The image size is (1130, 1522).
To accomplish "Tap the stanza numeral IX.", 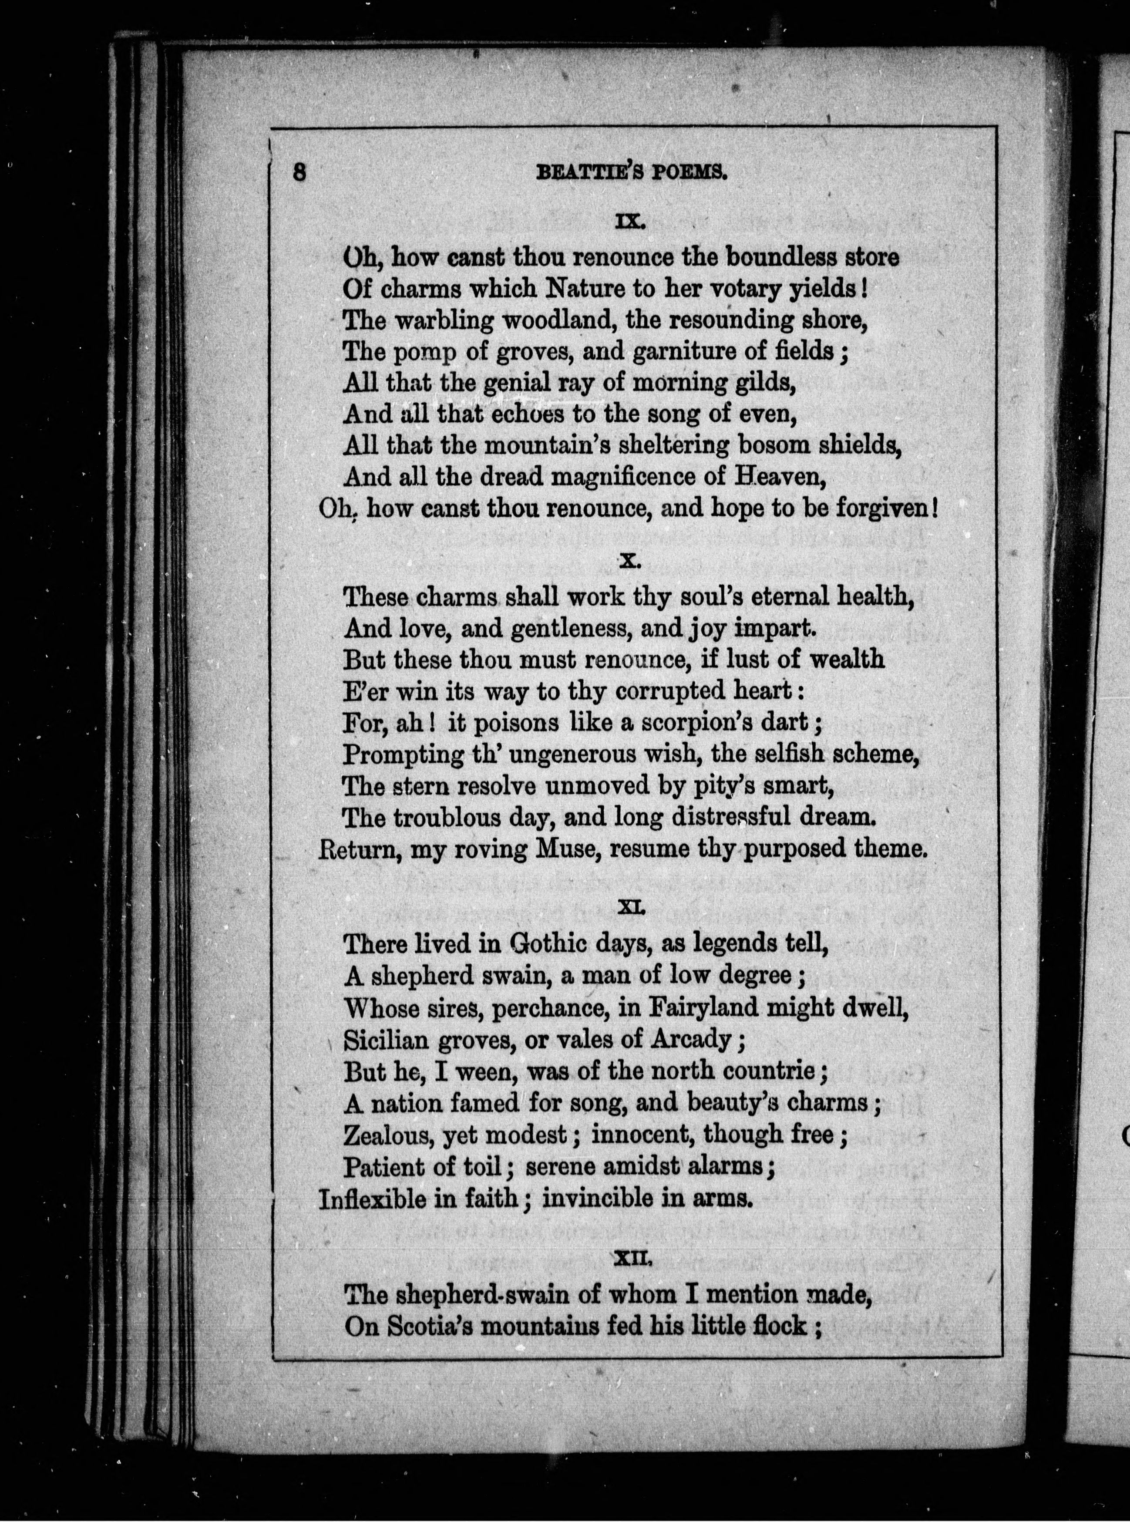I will click(x=627, y=222).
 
